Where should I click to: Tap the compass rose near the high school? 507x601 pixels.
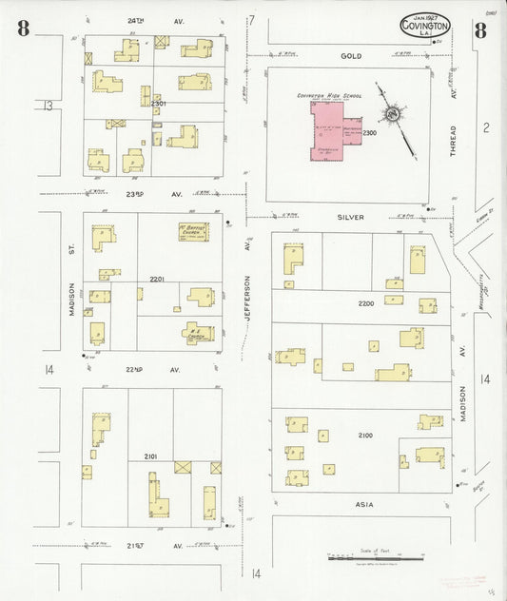click(x=391, y=115)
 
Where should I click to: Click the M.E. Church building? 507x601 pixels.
click(x=200, y=333)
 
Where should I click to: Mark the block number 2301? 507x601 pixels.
click(x=157, y=103)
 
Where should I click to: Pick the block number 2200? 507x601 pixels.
click(x=365, y=303)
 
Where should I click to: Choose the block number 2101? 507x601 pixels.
click(x=151, y=457)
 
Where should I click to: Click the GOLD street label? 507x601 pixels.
click(x=352, y=56)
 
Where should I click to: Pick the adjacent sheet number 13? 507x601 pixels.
click(x=48, y=106)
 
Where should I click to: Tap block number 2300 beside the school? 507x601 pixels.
click(x=369, y=133)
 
